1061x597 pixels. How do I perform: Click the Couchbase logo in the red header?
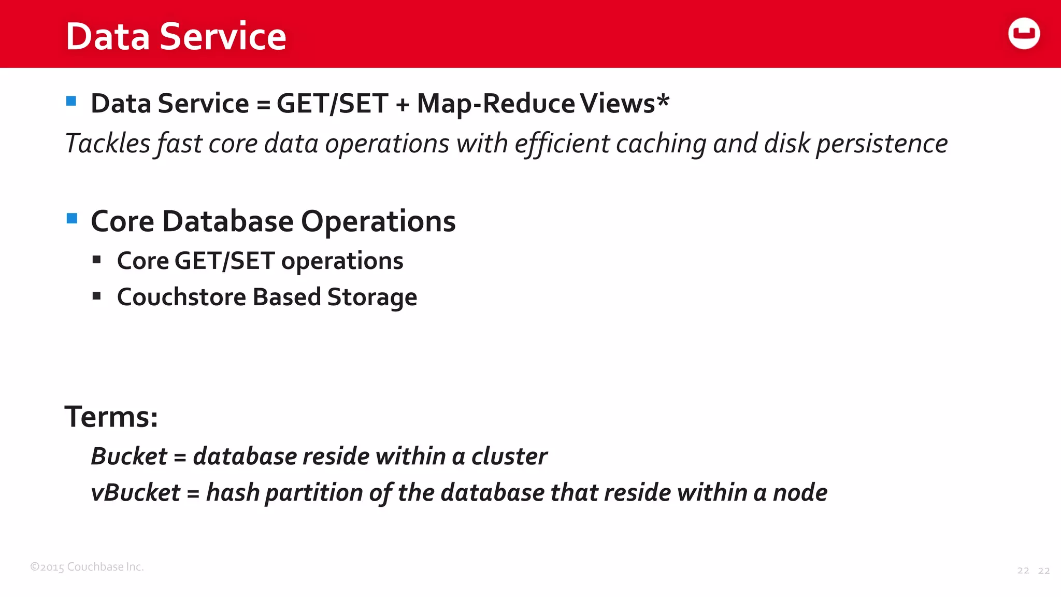coord(1024,34)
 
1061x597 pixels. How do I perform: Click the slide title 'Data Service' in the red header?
coord(176,36)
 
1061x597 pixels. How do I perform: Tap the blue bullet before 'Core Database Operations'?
coord(72,219)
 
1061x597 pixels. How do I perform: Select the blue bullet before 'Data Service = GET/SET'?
coord(71,101)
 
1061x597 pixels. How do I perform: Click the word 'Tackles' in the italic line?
coord(108,144)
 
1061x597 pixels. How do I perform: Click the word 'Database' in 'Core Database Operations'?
coord(228,222)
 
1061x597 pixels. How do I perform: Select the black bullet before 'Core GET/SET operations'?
coord(97,260)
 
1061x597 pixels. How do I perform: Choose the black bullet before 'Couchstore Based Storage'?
coord(97,296)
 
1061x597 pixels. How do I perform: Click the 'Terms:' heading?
coord(111,417)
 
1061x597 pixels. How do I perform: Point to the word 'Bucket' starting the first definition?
coord(129,457)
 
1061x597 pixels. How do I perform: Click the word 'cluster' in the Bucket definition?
coord(509,457)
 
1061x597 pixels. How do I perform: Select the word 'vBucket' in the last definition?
coord(136,493)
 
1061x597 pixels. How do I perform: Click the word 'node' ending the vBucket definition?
coord(800,493)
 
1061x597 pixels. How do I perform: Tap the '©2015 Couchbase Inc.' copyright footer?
coord(87,567)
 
